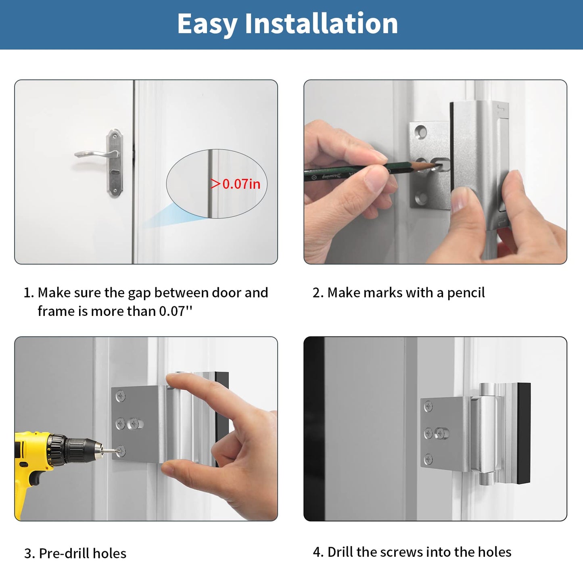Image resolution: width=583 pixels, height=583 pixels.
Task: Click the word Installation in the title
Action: (321, 23)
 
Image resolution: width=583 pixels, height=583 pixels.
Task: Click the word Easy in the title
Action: (207, 24)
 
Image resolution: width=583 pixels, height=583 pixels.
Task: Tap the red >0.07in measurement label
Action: (236, 184)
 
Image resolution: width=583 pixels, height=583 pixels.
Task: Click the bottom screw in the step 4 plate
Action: (428, 459)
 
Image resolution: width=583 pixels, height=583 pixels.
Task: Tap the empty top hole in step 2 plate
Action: (421, 132)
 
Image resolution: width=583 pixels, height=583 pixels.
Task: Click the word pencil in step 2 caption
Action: (466, 293)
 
